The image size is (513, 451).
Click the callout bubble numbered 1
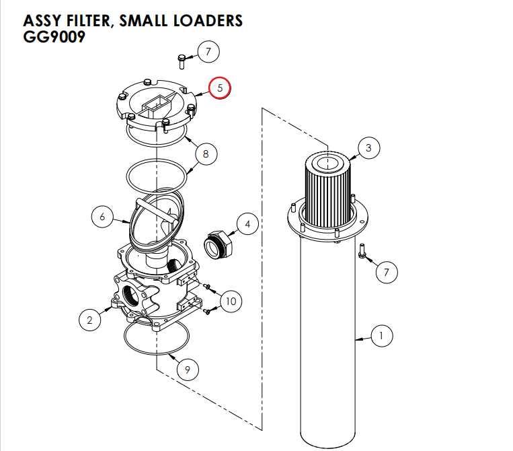pos(381,335)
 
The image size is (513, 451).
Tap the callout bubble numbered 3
pos(368,147)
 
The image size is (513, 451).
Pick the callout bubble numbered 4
pos(247,224)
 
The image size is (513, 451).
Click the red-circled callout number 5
pos(219,88)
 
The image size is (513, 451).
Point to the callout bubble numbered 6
pos(102,217)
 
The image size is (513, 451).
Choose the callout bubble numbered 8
pos(206,154)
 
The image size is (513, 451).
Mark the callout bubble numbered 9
pos(188,368)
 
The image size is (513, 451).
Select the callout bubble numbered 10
pos(231,301)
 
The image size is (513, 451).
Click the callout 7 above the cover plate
pos(208,51)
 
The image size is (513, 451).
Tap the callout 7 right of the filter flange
pos(386,272)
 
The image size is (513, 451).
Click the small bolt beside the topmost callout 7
pos(182,61)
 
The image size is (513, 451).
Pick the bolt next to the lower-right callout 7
pos(362,251)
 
